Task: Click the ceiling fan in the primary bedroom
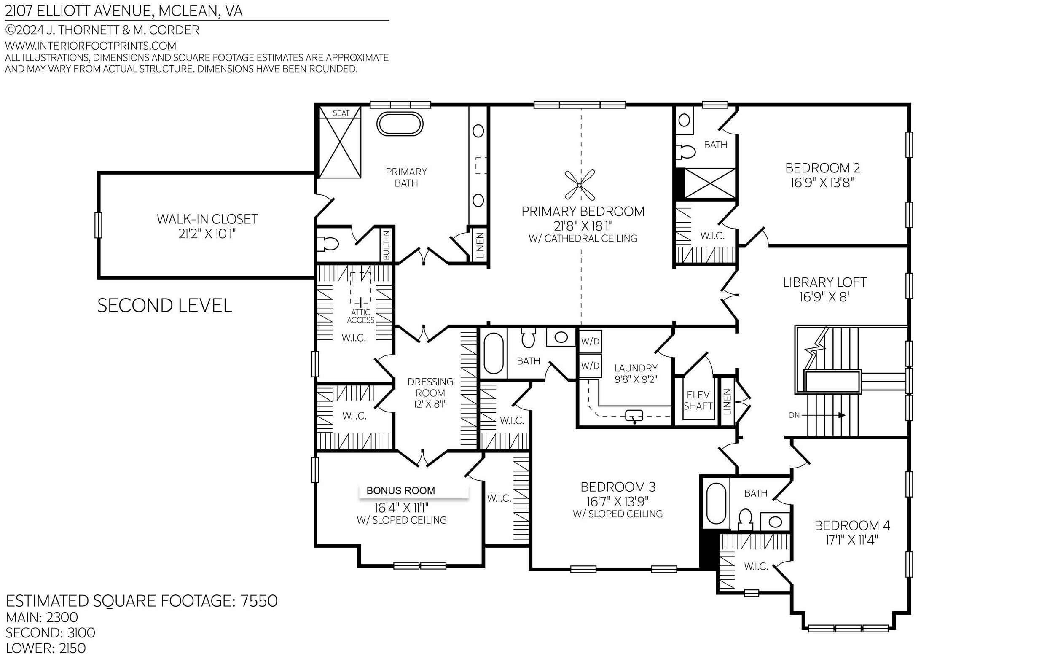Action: point(580,185)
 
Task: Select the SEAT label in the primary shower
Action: point(341,113)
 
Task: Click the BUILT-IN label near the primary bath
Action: point(386,245)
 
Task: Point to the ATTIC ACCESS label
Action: point(361,316)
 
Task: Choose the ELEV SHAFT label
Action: point(698,400)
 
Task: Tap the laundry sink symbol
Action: point(634,416)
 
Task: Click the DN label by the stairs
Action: point(795,415)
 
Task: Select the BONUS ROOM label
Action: point(400,491)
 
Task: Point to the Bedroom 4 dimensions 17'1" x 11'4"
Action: point(852,540)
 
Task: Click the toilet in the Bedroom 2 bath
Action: point(686,151)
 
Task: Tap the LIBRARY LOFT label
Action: point(824,282)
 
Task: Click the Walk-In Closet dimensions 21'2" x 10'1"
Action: point(207,234)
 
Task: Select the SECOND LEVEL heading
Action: point(164,306)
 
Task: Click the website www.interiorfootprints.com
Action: point(91,46)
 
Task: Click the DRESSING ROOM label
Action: point(430,387)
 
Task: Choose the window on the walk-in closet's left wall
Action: point(98,225)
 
